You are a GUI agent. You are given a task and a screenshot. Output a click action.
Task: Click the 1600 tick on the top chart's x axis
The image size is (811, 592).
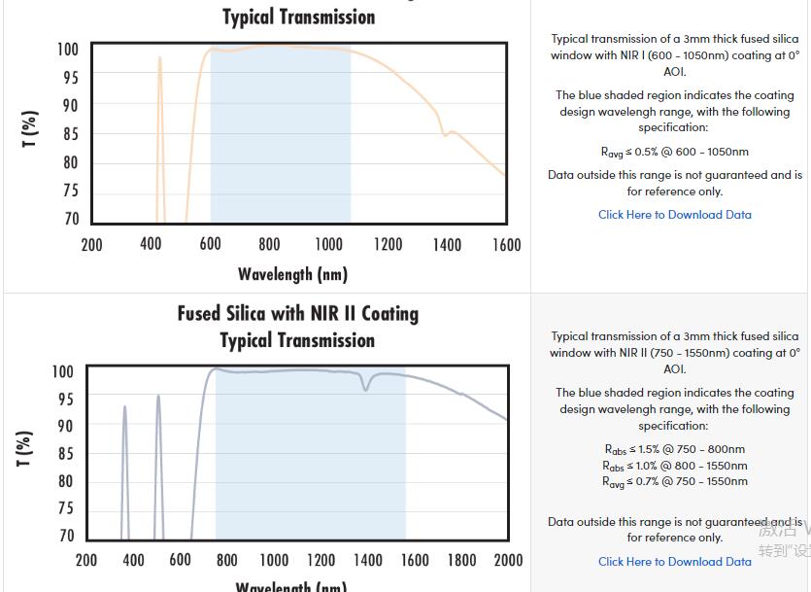pos(506,245)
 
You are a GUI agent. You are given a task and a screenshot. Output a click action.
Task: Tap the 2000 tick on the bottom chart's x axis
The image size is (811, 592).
pos(508,560)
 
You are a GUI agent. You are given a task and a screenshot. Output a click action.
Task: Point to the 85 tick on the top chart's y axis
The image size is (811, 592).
pos(71,134)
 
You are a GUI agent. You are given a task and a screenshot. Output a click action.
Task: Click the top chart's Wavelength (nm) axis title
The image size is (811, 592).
pos(292,274)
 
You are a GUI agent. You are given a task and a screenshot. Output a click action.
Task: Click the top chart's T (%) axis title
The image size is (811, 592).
pos(30,129)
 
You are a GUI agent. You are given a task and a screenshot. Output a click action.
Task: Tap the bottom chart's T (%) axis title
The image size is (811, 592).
pos(25,448)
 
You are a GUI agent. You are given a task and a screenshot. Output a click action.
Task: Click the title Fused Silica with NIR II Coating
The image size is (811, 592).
pos(297,314)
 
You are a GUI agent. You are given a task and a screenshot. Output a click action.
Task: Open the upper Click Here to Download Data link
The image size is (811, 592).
pos(674,215)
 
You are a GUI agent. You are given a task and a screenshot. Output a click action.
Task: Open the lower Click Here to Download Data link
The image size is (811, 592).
pos(674,561)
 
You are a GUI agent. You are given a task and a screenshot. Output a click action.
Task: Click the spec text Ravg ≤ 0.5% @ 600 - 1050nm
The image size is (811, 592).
pos(674,152)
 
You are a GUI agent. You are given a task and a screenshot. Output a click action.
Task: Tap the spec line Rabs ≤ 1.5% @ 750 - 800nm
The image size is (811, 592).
pos(674,449)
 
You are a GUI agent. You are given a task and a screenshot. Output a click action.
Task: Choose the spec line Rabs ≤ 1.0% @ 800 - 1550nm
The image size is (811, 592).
pos(674,466)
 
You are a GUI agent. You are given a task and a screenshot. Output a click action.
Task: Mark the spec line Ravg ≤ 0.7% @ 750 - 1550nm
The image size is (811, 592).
pos(674,481)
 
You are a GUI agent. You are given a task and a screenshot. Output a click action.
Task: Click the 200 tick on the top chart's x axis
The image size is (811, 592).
pos(91,245)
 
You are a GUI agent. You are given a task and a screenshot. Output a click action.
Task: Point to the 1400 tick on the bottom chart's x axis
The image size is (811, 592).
pos(367,560)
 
